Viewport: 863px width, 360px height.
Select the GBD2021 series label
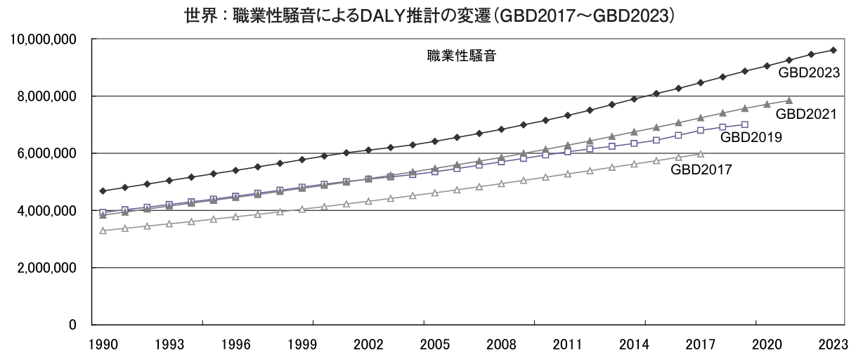805,113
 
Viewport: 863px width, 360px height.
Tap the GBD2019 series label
751,138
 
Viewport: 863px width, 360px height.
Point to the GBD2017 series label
701,169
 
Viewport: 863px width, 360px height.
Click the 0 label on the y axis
73,325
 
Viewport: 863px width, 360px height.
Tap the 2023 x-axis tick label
833,345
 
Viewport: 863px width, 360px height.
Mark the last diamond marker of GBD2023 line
833,50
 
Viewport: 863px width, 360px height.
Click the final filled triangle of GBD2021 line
789,101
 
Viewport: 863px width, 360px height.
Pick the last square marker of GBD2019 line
745,124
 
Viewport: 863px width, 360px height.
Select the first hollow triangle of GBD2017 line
103,231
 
